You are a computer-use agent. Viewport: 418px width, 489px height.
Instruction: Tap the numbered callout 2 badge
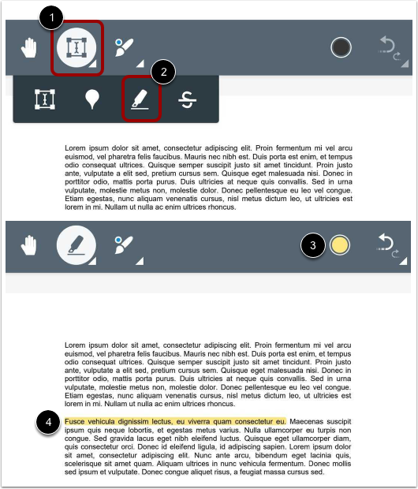click(163, 72)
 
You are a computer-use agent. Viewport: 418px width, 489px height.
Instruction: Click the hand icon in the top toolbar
click(29, 49)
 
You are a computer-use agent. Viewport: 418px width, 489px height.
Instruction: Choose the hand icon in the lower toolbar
click(29, 245)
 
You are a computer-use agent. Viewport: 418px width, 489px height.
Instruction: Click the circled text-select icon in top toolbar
click(77, 49)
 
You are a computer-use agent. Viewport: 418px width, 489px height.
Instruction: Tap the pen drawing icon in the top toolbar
click(125, 47)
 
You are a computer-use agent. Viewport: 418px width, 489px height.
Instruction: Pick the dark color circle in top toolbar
click(341, 48)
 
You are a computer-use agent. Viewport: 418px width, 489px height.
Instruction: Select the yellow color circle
click(340, 244)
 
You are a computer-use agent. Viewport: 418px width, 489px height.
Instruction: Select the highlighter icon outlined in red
click(141, 100)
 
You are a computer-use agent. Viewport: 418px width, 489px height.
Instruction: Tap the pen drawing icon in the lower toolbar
click(125, 244)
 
